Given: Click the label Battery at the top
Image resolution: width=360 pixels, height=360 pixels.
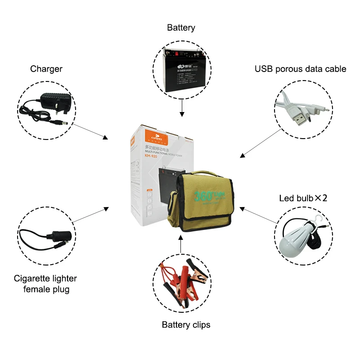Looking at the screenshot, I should coord(181,28).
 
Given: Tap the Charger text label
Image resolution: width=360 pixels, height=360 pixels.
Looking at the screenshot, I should coord(46,69).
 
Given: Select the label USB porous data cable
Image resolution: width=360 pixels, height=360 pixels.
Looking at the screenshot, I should coord(301,69).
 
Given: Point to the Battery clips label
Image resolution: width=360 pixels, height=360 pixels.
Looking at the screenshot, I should coord(186,324).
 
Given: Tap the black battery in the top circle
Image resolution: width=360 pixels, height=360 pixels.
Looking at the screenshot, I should coord(181,70).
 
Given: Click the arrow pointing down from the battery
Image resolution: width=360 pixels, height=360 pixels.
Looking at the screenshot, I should coord(181,108).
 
